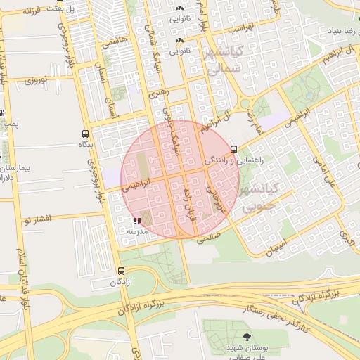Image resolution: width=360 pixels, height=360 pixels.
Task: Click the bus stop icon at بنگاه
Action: (x=86, y=134)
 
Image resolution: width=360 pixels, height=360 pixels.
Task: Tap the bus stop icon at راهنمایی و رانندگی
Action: (x=233, y=148)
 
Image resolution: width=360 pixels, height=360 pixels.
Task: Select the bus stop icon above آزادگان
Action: (x=122, y=271)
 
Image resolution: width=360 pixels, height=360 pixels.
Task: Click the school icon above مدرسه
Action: (x=136, y=220)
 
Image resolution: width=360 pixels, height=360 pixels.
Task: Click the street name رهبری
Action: (x=158, y=91)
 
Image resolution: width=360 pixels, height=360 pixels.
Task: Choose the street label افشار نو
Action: (x=37, y=220)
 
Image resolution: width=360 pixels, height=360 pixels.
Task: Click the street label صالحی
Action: (x=209, y=238)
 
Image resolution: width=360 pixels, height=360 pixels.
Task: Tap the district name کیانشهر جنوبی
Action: (x=261, y=198)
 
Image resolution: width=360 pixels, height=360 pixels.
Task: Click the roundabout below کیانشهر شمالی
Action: (x=245, y=103)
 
